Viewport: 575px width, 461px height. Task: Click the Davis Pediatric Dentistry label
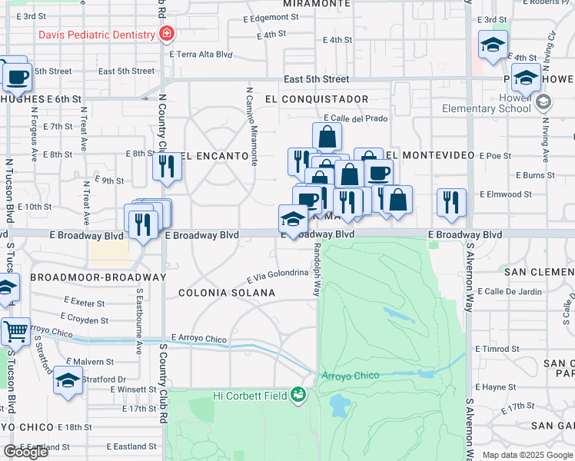[93, 35]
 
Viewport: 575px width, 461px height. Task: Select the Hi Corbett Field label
[249, 396]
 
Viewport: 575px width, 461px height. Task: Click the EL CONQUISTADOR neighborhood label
[316, 99]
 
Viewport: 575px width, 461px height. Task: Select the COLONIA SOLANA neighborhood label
[227, 293]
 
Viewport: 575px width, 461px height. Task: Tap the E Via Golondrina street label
[277, 277]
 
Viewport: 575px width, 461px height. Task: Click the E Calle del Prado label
[356, 118]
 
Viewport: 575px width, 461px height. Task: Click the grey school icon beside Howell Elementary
[544, 101]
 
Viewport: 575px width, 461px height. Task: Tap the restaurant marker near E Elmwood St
[451, 202]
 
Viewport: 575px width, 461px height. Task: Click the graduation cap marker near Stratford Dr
[68, 380]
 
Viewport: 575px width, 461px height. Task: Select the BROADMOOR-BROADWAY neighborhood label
[98, 277]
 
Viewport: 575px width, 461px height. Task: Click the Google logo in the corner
[25, 452]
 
